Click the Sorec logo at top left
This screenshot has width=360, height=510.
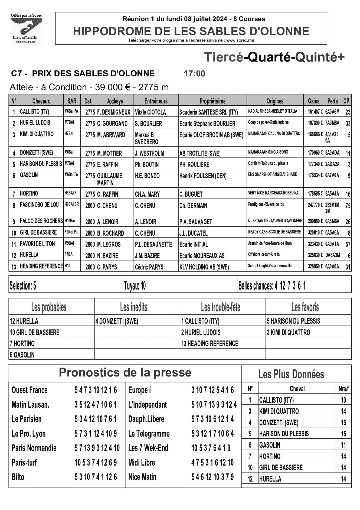[x=26, y=28]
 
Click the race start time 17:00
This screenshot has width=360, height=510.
[x=194, y=73]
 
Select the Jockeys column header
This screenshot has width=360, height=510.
[x=114, y=101]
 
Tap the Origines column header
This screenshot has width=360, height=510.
[x=275, y=101]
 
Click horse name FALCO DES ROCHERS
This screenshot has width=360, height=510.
[x=41, y=221]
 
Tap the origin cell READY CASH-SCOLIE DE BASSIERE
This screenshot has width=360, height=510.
[x=274, y=232]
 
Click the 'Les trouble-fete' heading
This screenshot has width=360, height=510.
[x=221, y=307]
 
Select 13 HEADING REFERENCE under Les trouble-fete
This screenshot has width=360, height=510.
[x=210, y=343]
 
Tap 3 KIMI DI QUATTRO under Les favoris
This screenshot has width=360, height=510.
[x=289, y=332]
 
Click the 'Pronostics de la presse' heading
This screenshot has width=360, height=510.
[x=125, y=372]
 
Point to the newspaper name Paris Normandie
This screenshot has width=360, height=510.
[x=34, y=448]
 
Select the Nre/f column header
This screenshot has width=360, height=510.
[x=343, y=389]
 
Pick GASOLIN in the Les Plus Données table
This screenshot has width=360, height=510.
[x=270, y=445]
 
